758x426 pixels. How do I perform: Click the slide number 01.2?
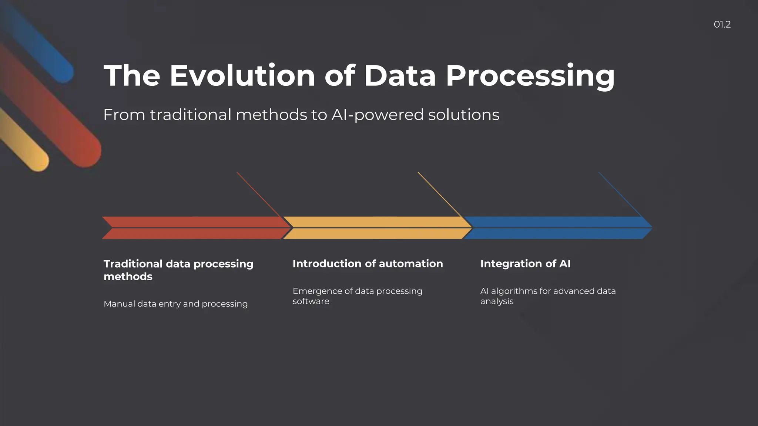722,24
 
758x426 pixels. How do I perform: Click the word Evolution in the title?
242,76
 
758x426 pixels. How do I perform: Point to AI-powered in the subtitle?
378,115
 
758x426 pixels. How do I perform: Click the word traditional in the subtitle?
191,115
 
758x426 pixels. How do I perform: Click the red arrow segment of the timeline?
192,227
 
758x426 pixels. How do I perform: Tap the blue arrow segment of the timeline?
555,227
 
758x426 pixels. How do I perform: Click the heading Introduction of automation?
368,264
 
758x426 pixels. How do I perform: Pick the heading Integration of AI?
525,264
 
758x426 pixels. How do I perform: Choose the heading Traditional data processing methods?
178,270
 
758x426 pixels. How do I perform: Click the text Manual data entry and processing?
175,304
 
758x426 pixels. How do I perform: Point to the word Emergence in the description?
317,291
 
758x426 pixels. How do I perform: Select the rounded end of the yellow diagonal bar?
39,161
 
